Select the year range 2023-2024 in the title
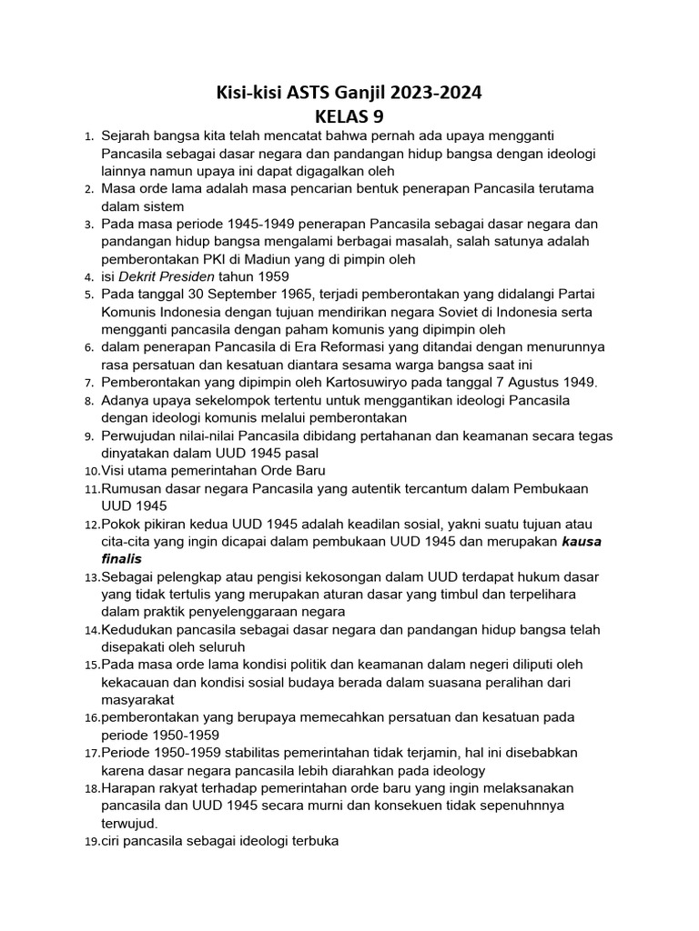click(x=433, y=92)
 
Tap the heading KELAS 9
click(x=349, y=116)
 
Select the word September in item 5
click(x=236, y=295)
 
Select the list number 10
click(x=92, y=471)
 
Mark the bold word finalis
click(x=122, y=558)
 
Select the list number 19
click(x=92, y=842)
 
